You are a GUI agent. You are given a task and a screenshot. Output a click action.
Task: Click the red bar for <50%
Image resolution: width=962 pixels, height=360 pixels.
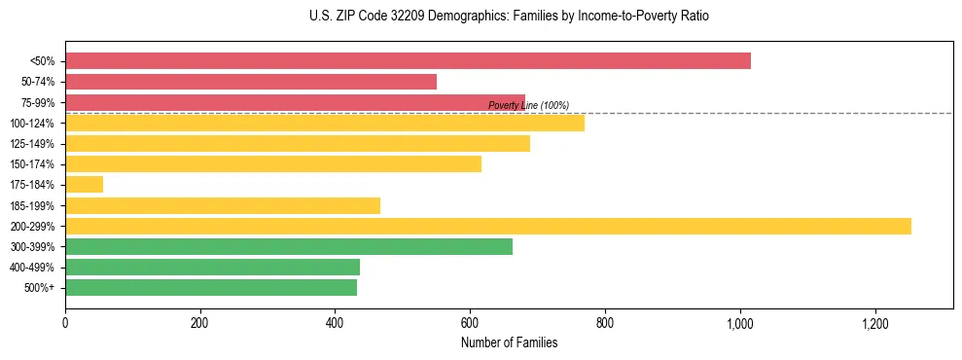click(408, 61)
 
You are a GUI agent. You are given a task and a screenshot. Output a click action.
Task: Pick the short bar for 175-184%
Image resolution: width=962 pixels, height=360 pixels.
click(84, 185)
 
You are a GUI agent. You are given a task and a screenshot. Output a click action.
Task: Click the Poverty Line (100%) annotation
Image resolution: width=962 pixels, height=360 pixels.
click(528, 105)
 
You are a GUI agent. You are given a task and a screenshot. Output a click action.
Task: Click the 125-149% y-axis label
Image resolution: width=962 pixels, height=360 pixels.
click(33, 144)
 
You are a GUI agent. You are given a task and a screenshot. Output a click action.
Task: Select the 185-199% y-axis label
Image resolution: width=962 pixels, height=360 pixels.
click(33, 206)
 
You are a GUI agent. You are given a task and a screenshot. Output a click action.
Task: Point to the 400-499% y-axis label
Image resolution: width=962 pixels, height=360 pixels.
click(33, 268)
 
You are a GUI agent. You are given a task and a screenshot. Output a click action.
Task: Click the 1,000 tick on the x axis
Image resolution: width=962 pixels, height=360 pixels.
click(740, 323)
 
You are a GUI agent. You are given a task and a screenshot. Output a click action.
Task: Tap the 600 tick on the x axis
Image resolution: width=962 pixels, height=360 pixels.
click(470, 323)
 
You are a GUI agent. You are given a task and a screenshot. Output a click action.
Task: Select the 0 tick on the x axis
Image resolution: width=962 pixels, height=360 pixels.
click(65, 323)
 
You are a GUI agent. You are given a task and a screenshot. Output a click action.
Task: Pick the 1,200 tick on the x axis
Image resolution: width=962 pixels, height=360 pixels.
click(875, 323)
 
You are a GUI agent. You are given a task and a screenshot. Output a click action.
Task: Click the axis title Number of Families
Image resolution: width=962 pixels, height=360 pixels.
click(509, 342)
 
